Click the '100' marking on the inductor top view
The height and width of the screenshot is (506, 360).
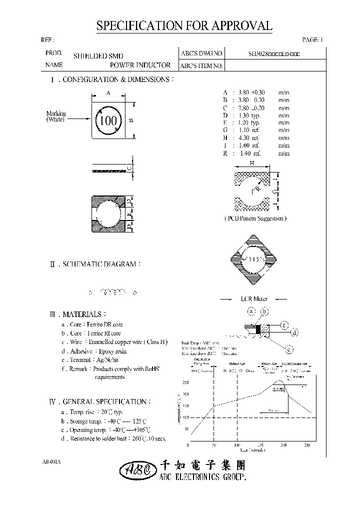point(108,120)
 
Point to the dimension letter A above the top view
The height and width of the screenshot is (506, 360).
point(108,92)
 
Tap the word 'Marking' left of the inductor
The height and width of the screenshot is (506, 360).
point(56,113)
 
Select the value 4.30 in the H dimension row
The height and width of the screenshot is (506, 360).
point(243,137)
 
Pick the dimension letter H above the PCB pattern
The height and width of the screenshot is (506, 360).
point(252,163)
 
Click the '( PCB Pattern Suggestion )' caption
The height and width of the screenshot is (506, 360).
point(255,218)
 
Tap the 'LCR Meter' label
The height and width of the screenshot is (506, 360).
point(254,298)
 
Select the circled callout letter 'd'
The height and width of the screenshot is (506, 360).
point(295,332)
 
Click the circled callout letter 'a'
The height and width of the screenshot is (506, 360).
point(252,311)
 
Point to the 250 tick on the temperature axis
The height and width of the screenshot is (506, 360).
point(186,382)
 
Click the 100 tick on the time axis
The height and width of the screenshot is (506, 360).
point(237,445)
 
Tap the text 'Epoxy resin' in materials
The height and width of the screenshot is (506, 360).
point(112,351)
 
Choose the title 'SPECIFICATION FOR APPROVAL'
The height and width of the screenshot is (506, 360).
point(184,26)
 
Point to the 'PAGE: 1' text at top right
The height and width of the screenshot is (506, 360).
point(313,40)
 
